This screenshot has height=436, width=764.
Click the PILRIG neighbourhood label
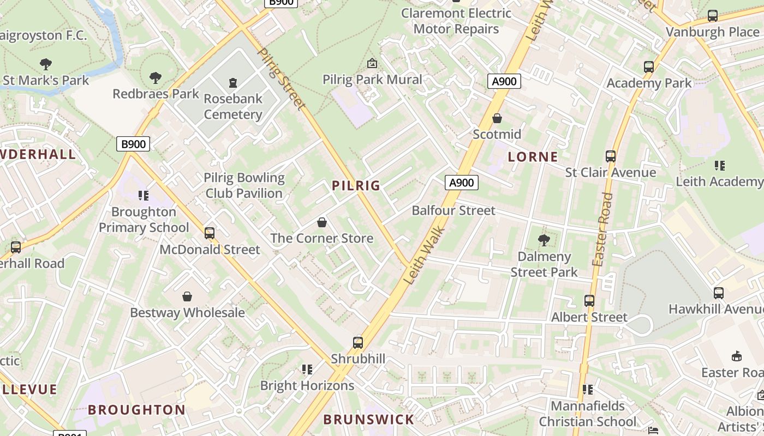(356, 185)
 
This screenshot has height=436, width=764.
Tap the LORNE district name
(533, 157)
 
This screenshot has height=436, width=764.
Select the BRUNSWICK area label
(369, 419)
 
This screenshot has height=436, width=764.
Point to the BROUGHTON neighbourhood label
(136, 409)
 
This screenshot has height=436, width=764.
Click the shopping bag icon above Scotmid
(497, 118)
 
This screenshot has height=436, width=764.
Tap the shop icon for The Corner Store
(322, 222)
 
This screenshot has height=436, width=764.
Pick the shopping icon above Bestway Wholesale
(187, 296)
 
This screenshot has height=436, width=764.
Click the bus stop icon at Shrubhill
(358, 343)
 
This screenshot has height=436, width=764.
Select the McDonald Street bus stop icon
(210, 233)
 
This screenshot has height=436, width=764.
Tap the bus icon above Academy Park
(649, 67)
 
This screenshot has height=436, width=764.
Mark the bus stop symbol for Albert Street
(589, 301)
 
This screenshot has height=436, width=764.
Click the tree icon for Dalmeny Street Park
(544, 240)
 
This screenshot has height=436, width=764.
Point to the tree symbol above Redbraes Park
(156, 78)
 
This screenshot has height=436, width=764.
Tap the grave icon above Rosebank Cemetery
(233, 83)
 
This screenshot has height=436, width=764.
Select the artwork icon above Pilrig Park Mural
(372, 63)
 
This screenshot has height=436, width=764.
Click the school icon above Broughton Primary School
(144, 195)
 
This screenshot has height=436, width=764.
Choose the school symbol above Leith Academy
(720, 165)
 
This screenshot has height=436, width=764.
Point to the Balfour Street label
(453, 210)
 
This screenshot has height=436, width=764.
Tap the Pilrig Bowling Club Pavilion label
(244, 185)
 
